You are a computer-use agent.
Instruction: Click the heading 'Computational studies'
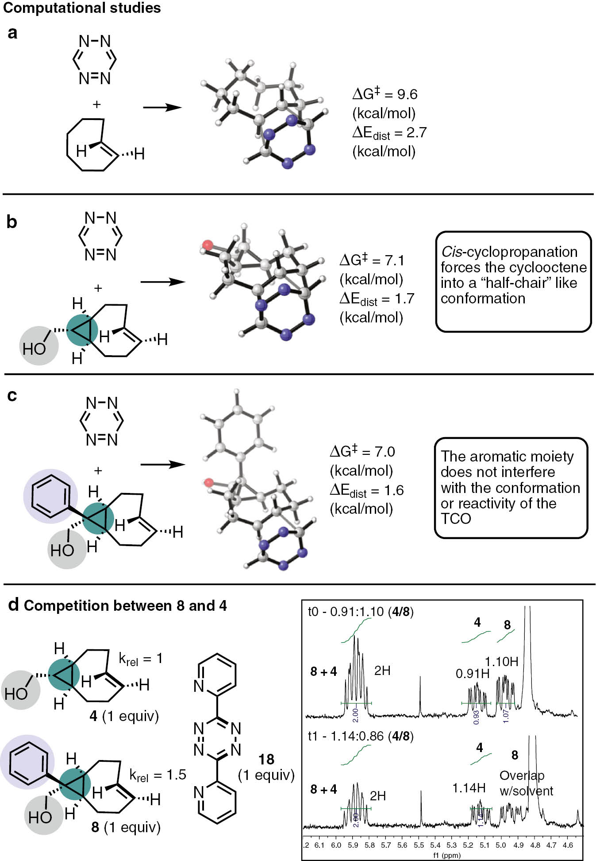click(x=82, y=8)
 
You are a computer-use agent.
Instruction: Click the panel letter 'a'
click(x=12, y=33)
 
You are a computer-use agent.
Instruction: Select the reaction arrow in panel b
click(x=162, y=282)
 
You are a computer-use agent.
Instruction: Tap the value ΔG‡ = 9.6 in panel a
click(x=385, y=94)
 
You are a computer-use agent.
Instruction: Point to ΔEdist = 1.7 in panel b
click(x=377, y=299)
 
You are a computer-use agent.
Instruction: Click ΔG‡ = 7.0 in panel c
click(x=362, y=452)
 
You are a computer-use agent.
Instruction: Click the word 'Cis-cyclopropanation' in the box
click(x=509, y=252)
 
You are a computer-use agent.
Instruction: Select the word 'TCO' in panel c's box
click(x=456, y=518)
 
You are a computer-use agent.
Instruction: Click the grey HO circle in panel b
click(x=39, y=346)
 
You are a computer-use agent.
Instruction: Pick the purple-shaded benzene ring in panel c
click(x=50, y=496)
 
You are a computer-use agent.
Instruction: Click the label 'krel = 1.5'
click(x=158, y=775)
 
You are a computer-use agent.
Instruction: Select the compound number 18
click(x=266, y=760)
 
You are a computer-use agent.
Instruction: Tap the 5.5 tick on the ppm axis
click(x=419, y=845)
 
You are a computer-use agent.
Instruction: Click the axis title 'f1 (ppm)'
click(x=446, y=855)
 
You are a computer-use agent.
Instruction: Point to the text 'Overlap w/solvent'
click(x=526, y=783)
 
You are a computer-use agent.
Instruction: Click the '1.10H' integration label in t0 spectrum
click(x=501, y=662)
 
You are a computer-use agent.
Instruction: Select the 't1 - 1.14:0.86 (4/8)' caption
click(x=361, y=736)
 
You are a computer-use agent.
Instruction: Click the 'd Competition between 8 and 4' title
click(x=118, y=605)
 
